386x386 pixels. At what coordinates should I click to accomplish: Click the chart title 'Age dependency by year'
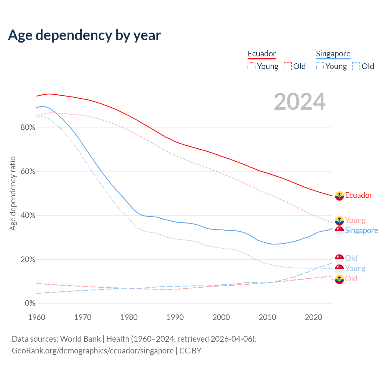coord(84,35)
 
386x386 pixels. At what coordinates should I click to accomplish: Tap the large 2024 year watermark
coord(299,102)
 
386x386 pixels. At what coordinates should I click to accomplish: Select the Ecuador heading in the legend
coord(262,54)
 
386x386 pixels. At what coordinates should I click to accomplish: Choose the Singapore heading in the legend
coord(333,54)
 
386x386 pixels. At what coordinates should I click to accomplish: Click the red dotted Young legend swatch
coord(252,66)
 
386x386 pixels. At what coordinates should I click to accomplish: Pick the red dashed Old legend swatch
coord(288,66)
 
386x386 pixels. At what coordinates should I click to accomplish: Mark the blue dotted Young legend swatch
coord(320,66)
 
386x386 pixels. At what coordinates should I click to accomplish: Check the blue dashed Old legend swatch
coord(356,66)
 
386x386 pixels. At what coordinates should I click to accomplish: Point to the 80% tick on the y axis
coord(28,128)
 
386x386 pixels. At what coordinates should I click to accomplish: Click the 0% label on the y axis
coord(30,303)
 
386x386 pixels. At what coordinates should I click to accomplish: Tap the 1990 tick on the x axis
coord(175,317)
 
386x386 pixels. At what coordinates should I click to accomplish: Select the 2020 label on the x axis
coord(314,317)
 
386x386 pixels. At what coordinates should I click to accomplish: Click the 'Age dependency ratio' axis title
coord(13,193)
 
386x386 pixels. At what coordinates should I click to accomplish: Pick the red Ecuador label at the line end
coord(359,195)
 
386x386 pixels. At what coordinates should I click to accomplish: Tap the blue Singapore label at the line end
coord(361,230)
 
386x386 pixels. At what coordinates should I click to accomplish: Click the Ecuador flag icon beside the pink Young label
coord(340,220)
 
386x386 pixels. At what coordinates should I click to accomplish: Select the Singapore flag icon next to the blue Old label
coord(340,258)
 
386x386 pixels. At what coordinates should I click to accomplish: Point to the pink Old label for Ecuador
coord(351,279)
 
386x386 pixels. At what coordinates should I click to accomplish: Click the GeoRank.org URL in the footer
coord(93,351)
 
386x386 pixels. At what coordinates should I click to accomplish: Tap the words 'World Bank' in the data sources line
coord(80,339)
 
